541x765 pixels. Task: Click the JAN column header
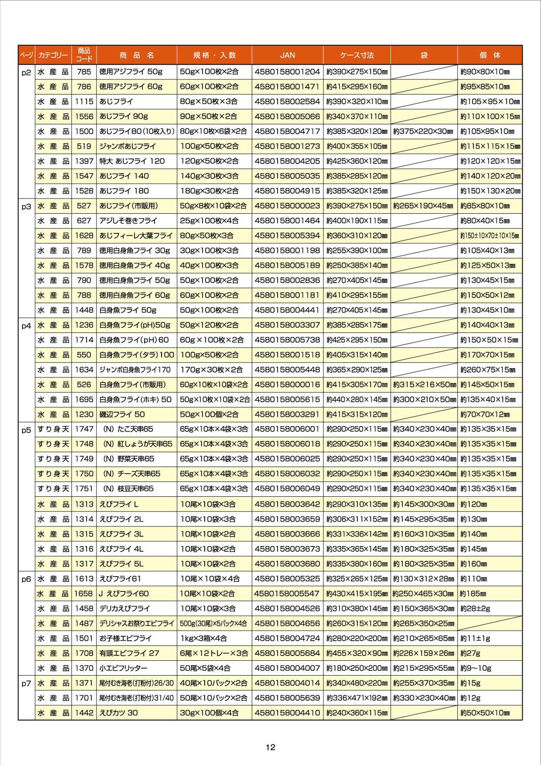[287, 55]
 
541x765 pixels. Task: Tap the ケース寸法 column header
[357, 55]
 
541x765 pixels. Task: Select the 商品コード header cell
[84, 55]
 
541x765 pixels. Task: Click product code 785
[84, 72]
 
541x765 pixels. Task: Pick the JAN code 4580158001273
[287, 146]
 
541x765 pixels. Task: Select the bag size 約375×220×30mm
[423, 131]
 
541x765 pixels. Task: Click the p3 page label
[26, 207]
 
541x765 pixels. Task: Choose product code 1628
[84, 236]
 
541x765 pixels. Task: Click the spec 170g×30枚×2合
[211, 369]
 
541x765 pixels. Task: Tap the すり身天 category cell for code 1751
[53, 488]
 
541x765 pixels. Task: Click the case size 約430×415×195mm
[357, 593]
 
